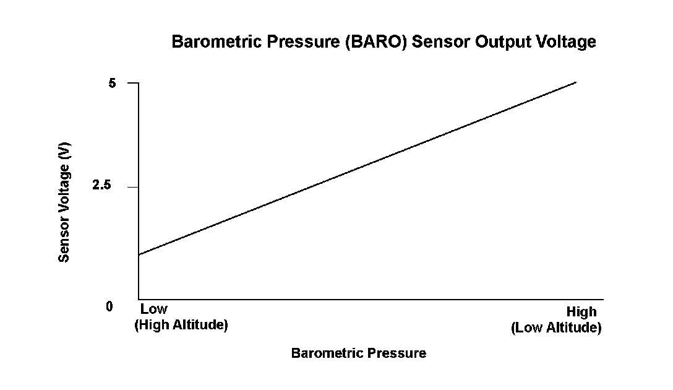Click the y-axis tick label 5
112,83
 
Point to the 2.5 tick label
101,185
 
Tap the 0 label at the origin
109,306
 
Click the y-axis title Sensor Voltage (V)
64,202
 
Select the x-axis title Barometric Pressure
359,353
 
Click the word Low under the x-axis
153,309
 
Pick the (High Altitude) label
181,325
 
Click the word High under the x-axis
581,312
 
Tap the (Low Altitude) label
556,327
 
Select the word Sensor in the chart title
441,41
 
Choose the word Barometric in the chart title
216,41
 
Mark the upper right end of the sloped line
576,82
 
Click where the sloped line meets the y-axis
139,254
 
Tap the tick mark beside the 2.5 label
133,188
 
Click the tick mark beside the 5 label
133,82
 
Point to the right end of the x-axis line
604,300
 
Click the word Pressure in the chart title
304,41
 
